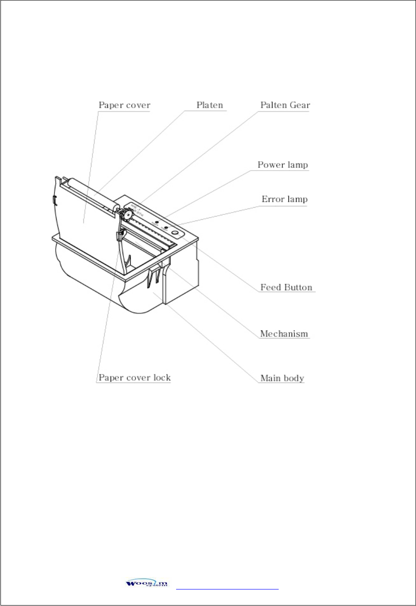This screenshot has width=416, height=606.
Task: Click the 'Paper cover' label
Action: pyautogui.click(x=124, y=105)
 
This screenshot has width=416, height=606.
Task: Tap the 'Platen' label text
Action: pyautogui.click(x=210, y=105)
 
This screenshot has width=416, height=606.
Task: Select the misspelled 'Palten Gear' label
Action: pyautogui.click(x=285, y=105)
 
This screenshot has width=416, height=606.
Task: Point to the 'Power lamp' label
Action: pyautogui.click(x=283, y=165)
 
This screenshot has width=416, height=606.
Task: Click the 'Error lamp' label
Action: pyautogui.click(x=284, y=199)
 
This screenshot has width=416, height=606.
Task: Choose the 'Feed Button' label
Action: pyautogui.click(x=286, y=288)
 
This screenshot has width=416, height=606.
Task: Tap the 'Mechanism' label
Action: pyautogui.click(x=284, y=334)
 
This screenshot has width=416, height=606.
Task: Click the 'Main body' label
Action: pyautogui.click(x=282, y=379)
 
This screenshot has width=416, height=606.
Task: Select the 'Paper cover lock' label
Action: pyautogui.click(x=135, y=378)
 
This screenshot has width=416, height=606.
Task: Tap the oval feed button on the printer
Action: pyautogui.click(x=175, y=233)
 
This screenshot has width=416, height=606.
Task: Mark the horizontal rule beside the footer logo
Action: pyautogui.click(x=227, y=589)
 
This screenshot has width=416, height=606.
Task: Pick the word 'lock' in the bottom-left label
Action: pyautogui.click(x=162, y=378)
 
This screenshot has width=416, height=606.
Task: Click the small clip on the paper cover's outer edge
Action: pyautogui.click(x=54, y=199)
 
